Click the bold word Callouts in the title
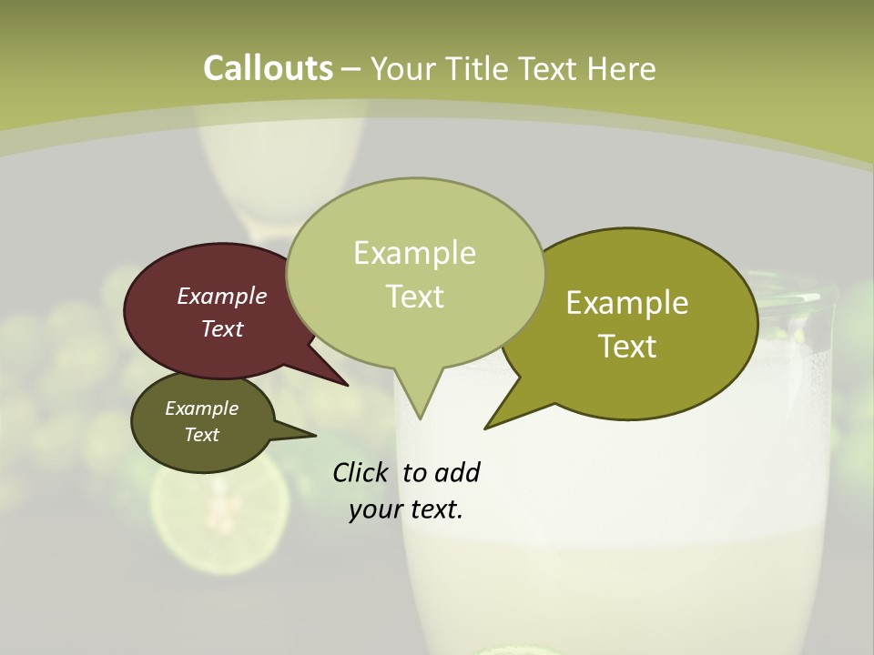268,68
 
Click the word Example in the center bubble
414,252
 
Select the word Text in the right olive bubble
627,346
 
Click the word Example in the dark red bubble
222,296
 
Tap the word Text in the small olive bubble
202,435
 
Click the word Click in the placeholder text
361,472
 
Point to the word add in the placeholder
456,472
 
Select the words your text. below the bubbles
406,509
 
